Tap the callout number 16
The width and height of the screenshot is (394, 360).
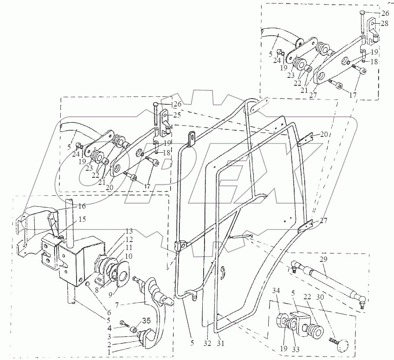click(82, 206)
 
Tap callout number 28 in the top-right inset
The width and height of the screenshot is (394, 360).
click(384, 23)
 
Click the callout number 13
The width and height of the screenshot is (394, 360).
click(128, 231)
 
